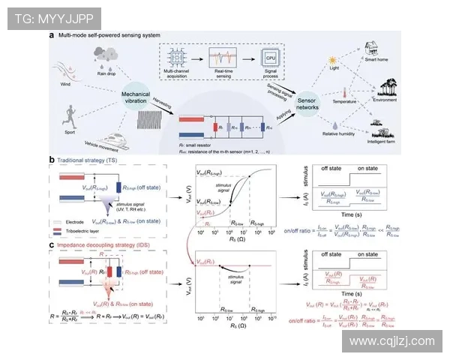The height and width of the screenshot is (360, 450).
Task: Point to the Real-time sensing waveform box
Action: [x=223, y=58]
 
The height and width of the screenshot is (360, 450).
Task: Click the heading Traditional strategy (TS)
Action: [x=94, y=160]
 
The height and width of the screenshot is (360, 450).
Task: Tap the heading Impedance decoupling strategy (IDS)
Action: [x=105, y=244]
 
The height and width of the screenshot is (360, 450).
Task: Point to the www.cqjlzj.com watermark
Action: [x=392, y=340]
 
